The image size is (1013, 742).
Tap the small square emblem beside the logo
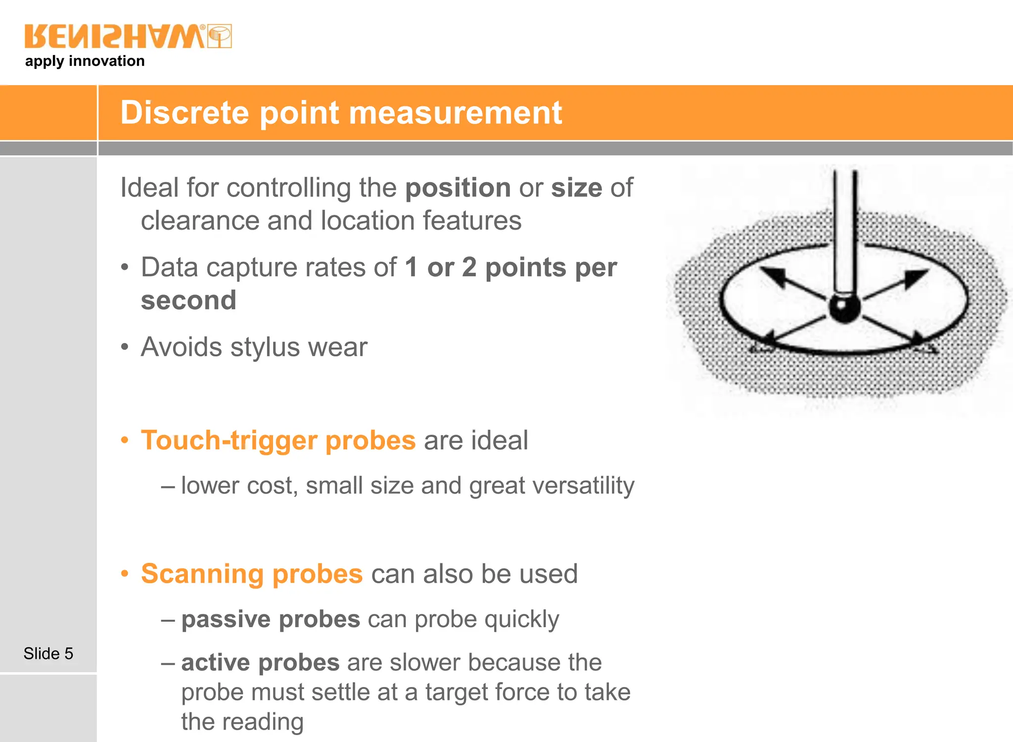(x=219, y=36)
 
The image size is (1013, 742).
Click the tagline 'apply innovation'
(x=85, y=61)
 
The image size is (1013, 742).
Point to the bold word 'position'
(x=458, y=188)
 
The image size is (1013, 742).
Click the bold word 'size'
(x=576, y=188)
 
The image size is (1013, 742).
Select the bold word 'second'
(x=188, y=300)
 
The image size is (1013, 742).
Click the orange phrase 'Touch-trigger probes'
(x=278, y=440)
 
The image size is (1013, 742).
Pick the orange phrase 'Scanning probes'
(x=252, y=574)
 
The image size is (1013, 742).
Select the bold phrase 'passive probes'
(x=271, y=619)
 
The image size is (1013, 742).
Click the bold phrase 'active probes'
(x=260, y=663)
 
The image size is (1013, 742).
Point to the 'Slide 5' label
(x=48, y=653)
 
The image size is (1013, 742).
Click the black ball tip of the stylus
(x=844, y=308)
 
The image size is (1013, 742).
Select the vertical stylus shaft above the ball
(x=844, y=233)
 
